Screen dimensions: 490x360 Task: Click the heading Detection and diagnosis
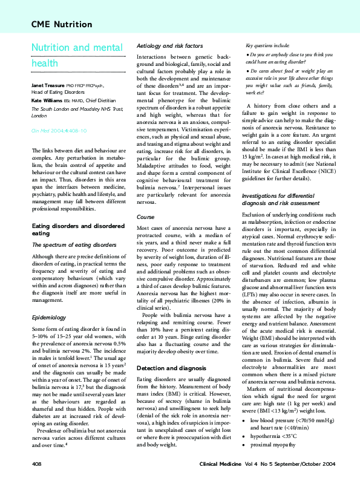(x=172, y=368)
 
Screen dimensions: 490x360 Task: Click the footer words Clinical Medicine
(x=222, y=480)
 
